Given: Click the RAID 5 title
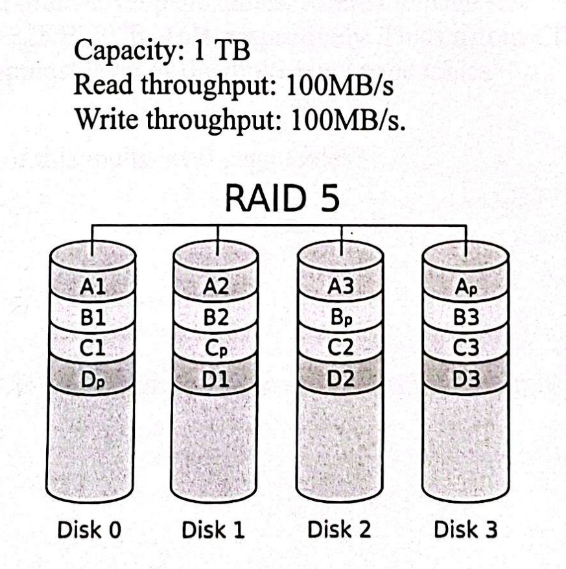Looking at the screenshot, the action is tap(282, 198).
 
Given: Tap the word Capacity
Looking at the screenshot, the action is tap(125, 51).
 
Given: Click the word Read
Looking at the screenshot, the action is tap(103, 84).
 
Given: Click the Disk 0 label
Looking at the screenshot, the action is tap(89, 529).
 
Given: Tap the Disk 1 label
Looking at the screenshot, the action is tap(213, 529).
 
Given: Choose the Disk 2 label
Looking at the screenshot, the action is tap(339, 529).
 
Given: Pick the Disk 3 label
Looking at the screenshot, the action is tap(466, 529).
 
